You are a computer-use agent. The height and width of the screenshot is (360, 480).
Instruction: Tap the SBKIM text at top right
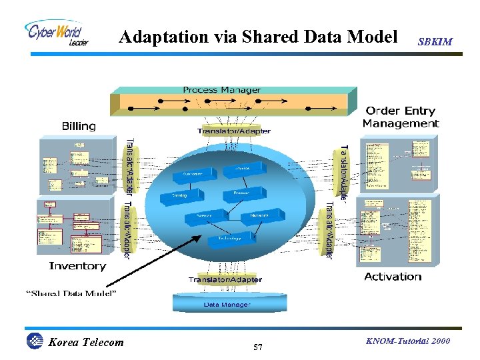[x=435, y=42]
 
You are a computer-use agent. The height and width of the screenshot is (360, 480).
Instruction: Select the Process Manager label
[x=222, y=90]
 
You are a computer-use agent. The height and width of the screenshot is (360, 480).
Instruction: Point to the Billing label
[x=79, y=126]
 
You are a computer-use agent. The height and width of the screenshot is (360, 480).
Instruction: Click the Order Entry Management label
[x=401, y=117]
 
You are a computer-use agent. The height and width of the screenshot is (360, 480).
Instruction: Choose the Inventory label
[x=77, y=266]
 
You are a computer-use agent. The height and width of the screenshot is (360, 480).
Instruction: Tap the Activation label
[x=393, y=277]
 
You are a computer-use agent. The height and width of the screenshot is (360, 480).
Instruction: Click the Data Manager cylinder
[x=227, y=304]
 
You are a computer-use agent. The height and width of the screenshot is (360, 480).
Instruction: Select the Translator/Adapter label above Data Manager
[x=225, y=280]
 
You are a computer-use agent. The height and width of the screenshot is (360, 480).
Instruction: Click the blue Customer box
[x=193, y=175]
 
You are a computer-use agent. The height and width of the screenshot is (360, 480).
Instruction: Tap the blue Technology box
[x=229, y=239]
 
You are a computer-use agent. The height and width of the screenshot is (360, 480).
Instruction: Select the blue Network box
[x=259, y=216]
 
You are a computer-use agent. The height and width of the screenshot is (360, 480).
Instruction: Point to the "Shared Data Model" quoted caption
[x=71, y=293]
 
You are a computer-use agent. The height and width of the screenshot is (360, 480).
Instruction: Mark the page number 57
[x=258, y=347]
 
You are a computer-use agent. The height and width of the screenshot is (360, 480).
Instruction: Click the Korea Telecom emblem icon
[x=34, y=341]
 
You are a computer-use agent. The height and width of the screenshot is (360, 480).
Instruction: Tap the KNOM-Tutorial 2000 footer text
[x=408, y=341]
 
